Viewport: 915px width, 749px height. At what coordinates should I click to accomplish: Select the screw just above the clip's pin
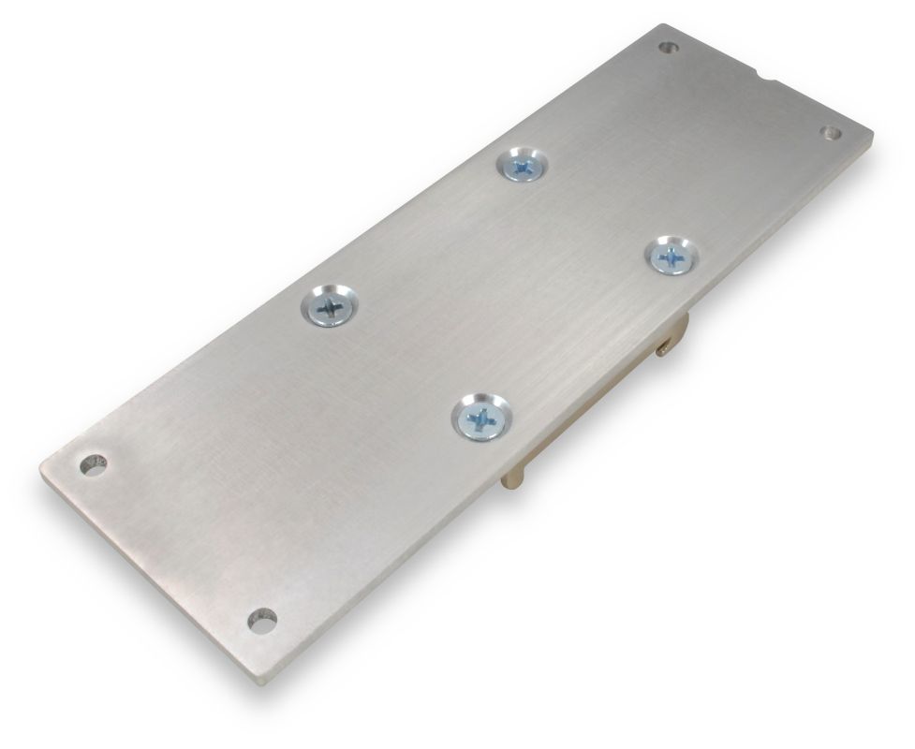click(671, 255)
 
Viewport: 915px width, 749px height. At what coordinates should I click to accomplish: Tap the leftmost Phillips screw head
click(331, 305)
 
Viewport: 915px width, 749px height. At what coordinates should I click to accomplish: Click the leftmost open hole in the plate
click(93, 463)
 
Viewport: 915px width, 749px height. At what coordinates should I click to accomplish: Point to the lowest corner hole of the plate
click(262, 619)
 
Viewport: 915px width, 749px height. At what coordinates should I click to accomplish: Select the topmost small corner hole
click(667, 47)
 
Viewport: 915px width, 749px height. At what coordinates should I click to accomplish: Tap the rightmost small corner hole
click(831, 133)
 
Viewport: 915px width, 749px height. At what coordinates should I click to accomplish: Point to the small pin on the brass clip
click(663, 350)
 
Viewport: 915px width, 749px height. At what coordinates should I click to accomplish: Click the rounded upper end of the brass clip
click(682, 323)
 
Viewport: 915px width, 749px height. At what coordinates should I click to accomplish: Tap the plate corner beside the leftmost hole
click(44, 466)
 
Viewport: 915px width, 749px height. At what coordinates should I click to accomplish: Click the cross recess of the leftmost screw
click(330, 305)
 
